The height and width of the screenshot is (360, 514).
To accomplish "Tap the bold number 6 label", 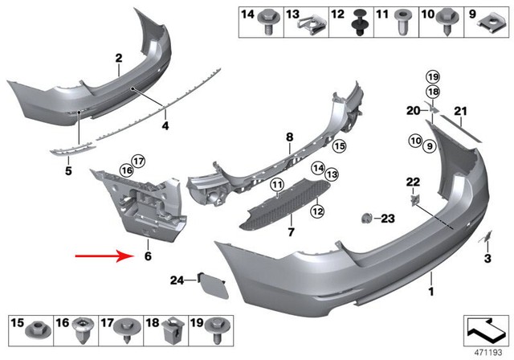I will click(x=147, y=257).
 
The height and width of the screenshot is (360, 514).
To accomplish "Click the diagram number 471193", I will click(x=487, y=352).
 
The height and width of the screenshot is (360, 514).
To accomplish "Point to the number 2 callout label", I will click(x=118, y=58).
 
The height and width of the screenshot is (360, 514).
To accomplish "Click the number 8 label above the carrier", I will click(x=289, y=139).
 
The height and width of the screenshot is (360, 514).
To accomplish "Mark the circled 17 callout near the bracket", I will click(x=139, y=160).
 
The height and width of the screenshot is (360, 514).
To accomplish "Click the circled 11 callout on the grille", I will click(x=277, y=187).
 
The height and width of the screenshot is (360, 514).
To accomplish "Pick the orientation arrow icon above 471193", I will click(x=487, y=330).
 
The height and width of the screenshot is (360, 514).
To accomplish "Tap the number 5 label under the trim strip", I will click(x=68, y=171).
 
